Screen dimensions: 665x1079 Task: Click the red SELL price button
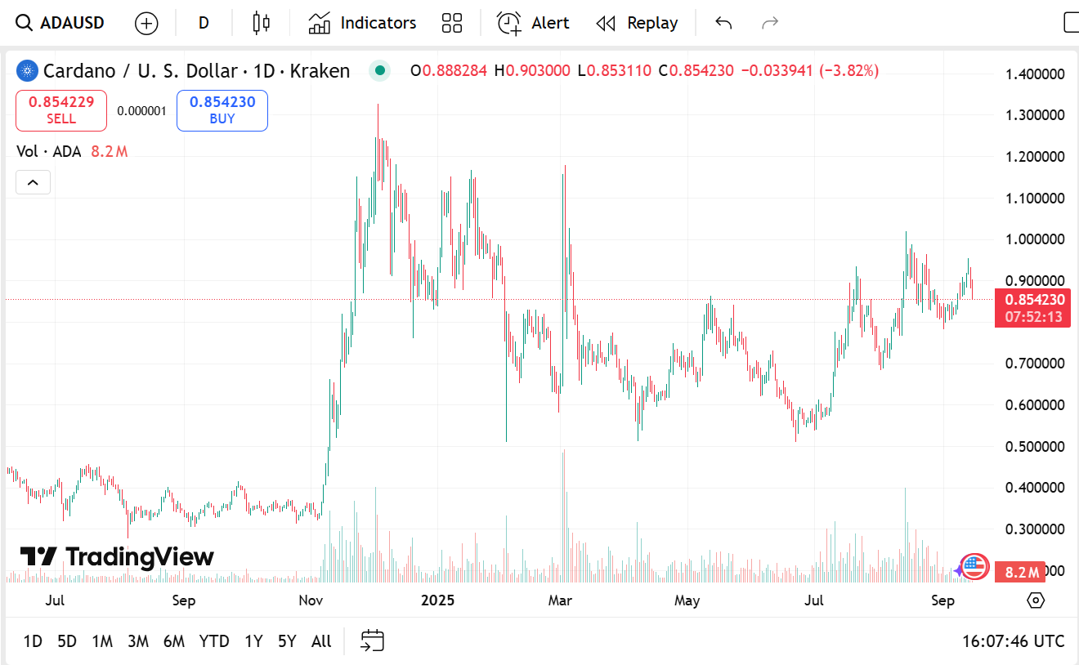coord(61,110)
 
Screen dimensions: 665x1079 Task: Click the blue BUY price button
coord(222,110)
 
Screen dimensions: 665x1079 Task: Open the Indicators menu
coord(362,23)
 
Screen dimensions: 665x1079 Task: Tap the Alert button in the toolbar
coord(533,23)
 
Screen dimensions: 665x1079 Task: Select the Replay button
coord(637,23)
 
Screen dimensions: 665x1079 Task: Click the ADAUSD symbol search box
coord(61,23)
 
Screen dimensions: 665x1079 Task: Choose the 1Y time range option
coord(253,641)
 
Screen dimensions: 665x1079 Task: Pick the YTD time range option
coord(214,641)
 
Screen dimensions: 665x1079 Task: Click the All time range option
coord(321,641)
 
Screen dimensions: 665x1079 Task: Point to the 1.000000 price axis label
coord(1035,239)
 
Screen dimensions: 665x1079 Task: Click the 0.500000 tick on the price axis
coord(1035,447)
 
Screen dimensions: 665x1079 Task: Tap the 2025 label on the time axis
coord(437,601)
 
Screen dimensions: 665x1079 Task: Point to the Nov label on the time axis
coord(311,601)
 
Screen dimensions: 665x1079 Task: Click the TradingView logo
coord(117,557)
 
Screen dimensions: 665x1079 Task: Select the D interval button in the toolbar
coord(204,23)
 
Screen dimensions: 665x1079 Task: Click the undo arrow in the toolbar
coord(723,23)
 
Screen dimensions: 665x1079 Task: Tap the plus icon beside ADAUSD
coord(146,23)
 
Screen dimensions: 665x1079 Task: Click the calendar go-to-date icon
coord(372,641)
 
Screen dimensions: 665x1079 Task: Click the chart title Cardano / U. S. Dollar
coord(140,71)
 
